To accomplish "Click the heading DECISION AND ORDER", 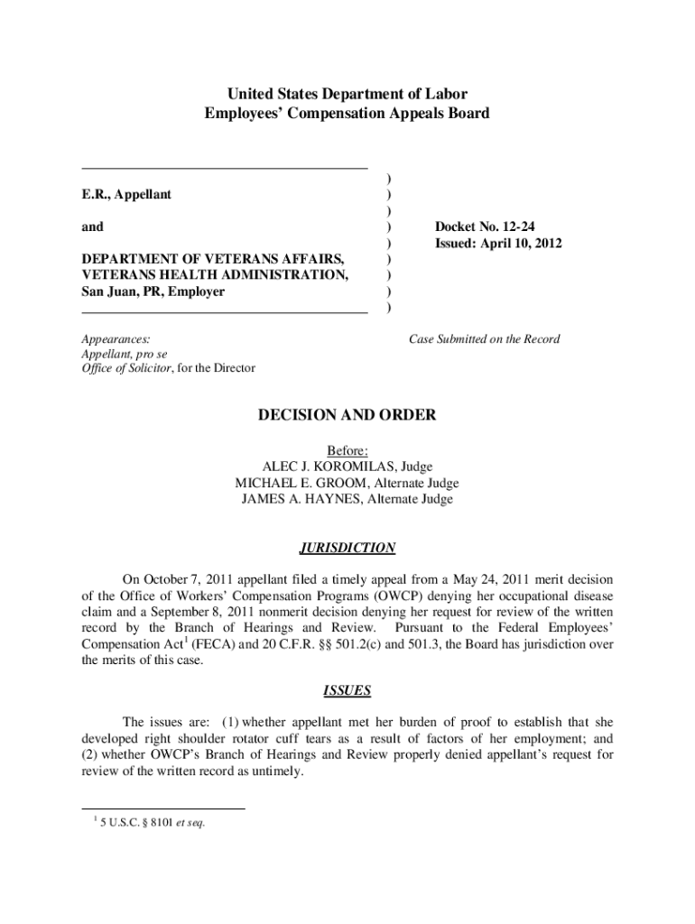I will coord(347,415).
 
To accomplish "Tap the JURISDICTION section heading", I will coord(347,548).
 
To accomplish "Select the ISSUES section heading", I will coord(347,691).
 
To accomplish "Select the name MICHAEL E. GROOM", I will coord(300,483).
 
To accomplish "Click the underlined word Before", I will coord(347,450).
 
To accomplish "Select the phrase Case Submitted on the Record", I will coord(484,339).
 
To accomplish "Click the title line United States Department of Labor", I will coord(347,94).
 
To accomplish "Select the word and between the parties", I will coord(92,227).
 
